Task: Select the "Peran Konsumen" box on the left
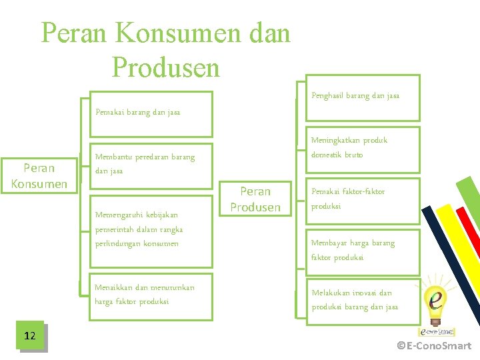click(x=39, y=175)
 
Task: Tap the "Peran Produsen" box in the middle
click(x=255, y=199)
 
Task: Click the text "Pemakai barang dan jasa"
click(x=138, y=112)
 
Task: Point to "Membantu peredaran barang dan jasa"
click(x=145, y=164)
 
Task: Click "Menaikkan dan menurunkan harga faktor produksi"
click(x=145, y=294)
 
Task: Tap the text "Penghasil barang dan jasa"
click(x=355, y=96)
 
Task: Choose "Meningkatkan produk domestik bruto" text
click(x=349, y=147)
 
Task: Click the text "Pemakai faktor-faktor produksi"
click(x=348, y=199)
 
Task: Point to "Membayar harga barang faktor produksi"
click(x=353, y=250)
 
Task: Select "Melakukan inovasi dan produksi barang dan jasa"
click(x=355, y=299)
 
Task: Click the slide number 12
click(x=30, y=335)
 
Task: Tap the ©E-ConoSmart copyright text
click(x=434, y=345)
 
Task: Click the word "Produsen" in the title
click(x=166, y=67)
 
